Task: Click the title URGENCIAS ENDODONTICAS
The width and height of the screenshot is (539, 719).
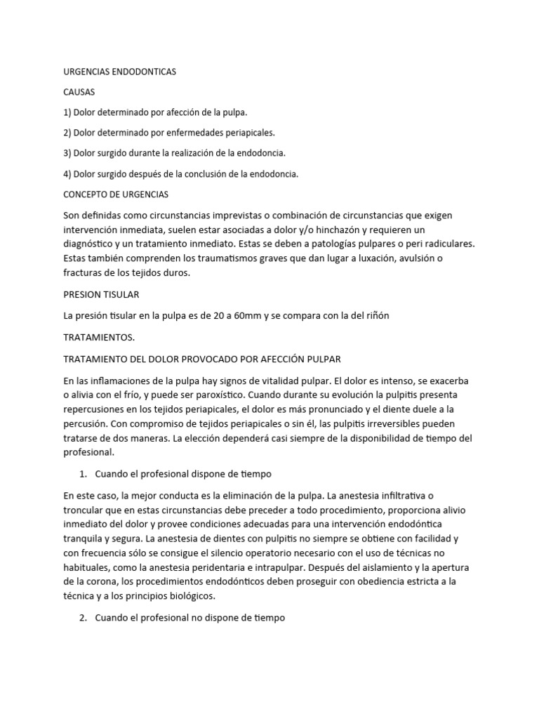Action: (x=119, y=72)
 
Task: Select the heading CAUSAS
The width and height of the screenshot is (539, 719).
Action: (x=79, y=92)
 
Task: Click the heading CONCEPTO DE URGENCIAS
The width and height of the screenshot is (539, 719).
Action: (x=115, y=194)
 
